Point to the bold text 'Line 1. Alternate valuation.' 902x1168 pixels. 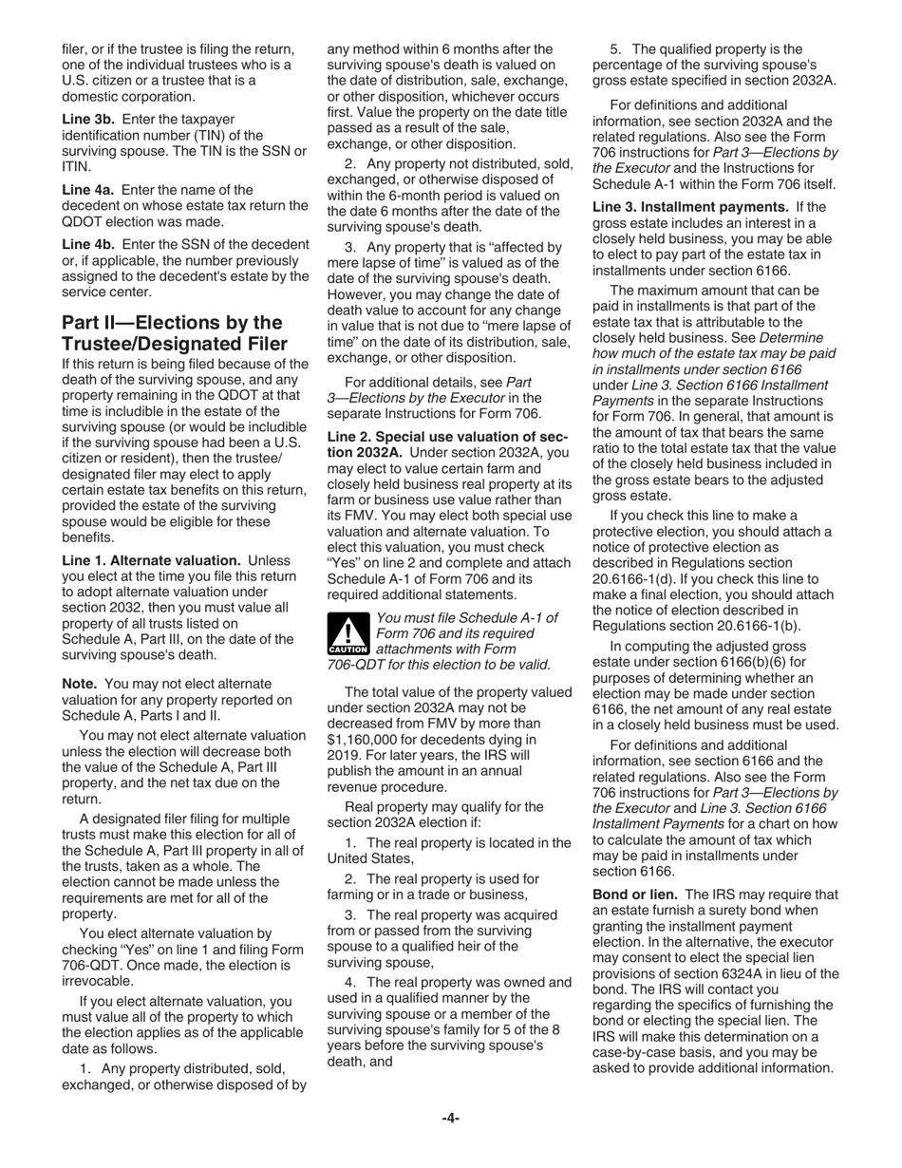(x=151, y=560)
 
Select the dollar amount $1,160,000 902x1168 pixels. (x=368, y=739)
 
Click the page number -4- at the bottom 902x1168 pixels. (x=450, y=1119)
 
